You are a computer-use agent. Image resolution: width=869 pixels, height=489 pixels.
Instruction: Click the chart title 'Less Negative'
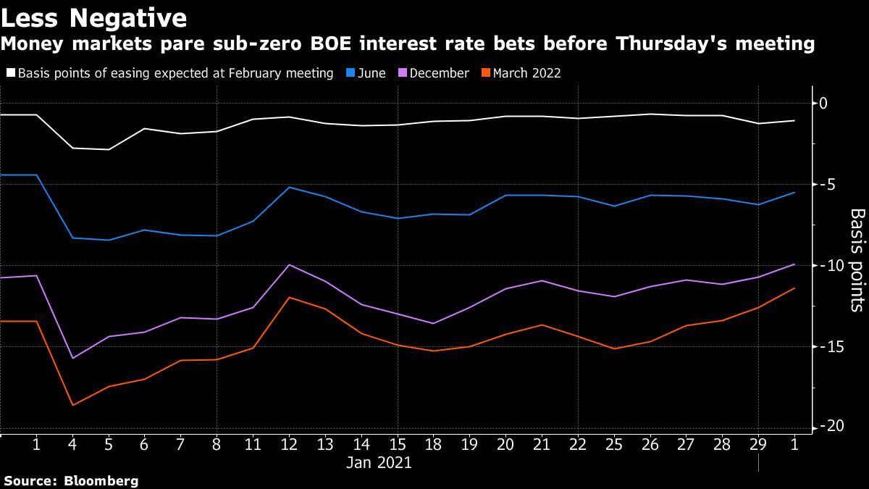click(94, 17)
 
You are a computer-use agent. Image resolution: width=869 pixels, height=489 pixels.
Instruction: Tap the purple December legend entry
click(433, 73)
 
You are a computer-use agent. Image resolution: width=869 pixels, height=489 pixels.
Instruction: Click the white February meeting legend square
click(10, 73)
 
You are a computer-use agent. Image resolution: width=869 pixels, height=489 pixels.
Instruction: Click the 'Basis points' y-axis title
click(856, 259)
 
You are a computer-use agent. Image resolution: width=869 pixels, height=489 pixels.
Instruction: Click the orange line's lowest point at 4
click(72, 405)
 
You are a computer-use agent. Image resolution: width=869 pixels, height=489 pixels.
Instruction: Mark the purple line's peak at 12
click(290, 264)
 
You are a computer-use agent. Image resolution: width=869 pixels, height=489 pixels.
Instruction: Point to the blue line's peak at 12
click(290, 187)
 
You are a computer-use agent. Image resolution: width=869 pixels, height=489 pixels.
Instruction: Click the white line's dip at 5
click(109, 149)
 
